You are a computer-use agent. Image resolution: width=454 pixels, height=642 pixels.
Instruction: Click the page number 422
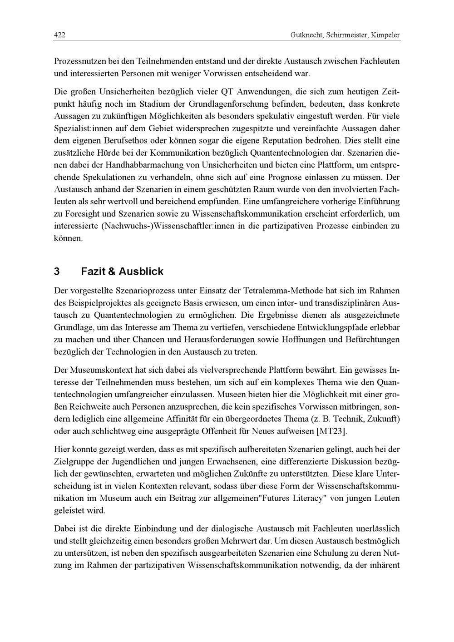point(59,35)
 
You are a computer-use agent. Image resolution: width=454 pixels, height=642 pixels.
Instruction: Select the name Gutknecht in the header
point(306,35)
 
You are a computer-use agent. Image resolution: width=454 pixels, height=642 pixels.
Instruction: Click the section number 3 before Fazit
point(57,272)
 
